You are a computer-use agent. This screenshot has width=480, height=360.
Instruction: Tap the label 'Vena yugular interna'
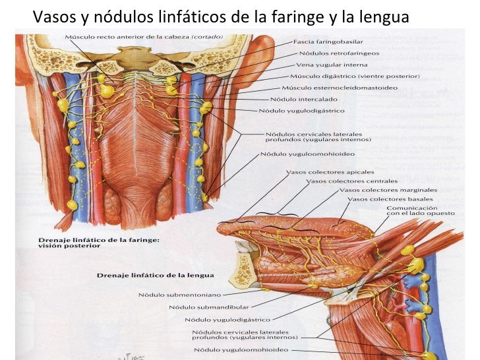coord(324,65)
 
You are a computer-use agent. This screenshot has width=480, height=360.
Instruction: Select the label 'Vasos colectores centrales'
coord(351,181)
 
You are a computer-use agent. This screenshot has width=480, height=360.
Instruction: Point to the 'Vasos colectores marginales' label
coord(383,190)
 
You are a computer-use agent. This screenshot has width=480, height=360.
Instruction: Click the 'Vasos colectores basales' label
coord(390,199)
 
